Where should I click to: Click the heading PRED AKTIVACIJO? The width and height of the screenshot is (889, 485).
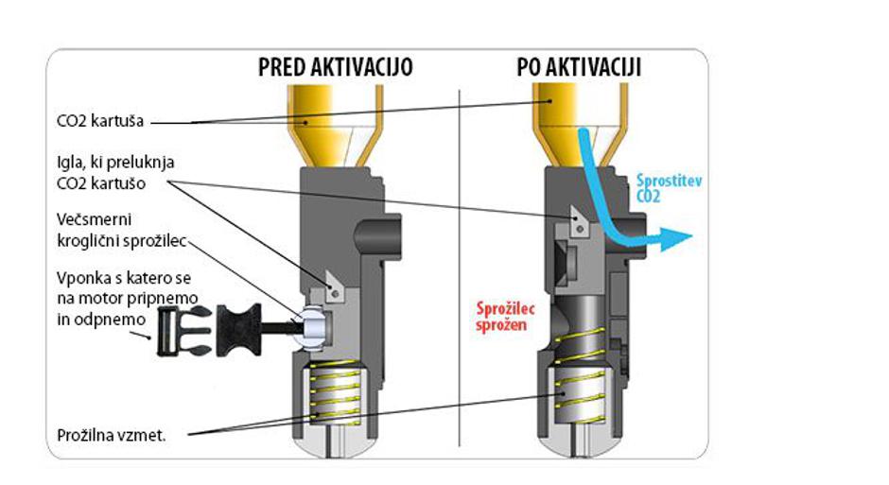[x=336, y=68]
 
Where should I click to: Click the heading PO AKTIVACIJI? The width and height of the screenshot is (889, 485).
[x=579, y=68]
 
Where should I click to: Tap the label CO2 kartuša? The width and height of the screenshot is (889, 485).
[x=99, y=121]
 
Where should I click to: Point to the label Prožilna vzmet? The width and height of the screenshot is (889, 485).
[x=112, y=435]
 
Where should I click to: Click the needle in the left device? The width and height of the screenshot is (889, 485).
[x=334, y=281]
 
